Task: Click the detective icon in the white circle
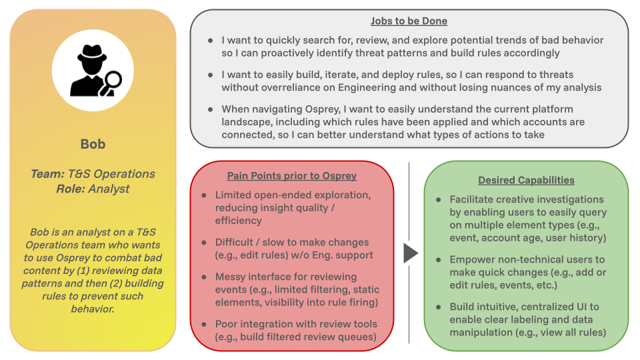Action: [93, 70]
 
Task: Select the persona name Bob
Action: [93, 144]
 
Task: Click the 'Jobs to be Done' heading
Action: [409, 21]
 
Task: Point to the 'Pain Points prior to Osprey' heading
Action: [291, 176]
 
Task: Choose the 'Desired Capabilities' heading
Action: [526, 180]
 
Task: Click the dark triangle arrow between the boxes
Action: [411, 253]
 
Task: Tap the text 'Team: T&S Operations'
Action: [93, 174]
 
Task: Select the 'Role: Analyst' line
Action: [93, 189]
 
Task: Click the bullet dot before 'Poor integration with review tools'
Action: [204, 325]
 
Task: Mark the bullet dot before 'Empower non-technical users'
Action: [438, 259]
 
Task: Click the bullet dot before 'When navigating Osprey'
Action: [211, 109]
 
